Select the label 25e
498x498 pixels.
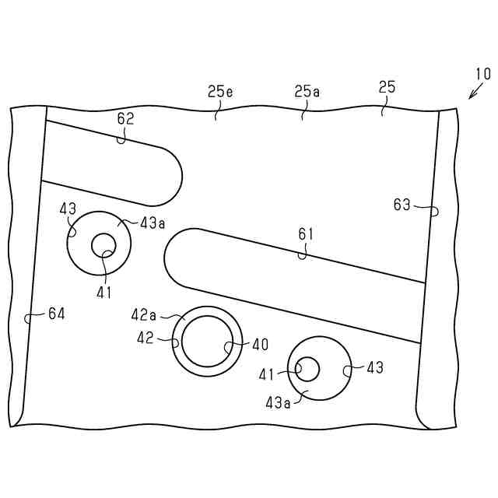point(220,92)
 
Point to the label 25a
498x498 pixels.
point(307,92)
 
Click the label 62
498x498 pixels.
point(125,118)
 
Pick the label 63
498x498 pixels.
point(402,205)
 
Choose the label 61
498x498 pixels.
point(307,233)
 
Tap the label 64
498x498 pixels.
point(57,314)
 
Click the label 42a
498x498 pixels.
point(144,314)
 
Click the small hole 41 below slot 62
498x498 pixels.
point(103,246)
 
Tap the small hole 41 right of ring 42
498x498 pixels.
point(307,368)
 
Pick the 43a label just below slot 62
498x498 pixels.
point(153,223)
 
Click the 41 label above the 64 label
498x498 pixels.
point(104,293)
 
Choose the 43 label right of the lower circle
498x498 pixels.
point(374,367)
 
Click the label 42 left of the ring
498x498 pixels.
point(146,338)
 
